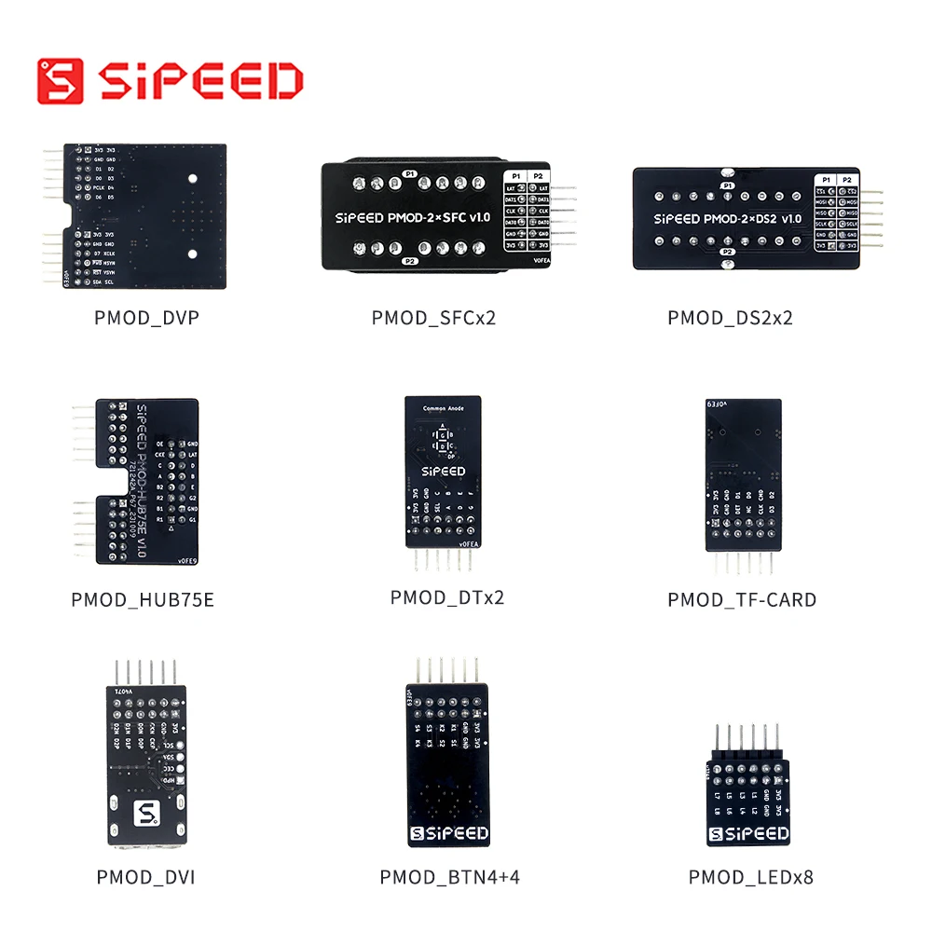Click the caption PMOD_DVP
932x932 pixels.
(x=146, y=318)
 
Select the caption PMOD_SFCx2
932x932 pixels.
(x=433, y=318)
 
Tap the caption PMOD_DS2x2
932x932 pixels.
(x=730, y=318)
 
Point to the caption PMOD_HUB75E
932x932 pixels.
(x=143, y=599)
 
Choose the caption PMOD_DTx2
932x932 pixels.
(x=447, y=597)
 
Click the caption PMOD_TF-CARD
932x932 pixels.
(x=742, y=599)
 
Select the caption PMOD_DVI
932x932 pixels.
(x=145, y=877)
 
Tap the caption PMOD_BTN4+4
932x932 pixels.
(x=449, y=877)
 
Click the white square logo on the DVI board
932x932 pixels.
(x=146, y=814)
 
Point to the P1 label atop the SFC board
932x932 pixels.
(x=409, y=173)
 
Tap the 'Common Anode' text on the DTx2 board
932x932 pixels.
(x=443, y=408)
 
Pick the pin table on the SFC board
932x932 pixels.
(x=527, y=211)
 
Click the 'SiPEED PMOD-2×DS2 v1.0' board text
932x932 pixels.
(x=715, y=219)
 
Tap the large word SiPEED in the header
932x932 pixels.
(x=199, y=81)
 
